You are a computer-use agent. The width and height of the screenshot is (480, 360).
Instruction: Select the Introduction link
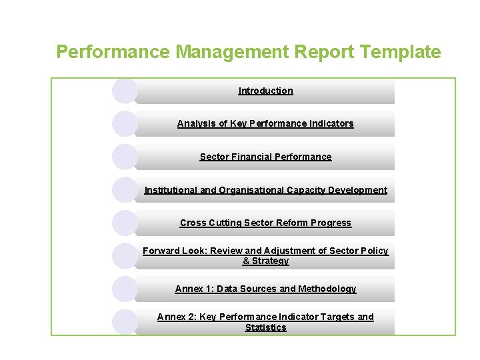pos(265,91)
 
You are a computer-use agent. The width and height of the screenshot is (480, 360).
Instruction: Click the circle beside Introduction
pos(125,91)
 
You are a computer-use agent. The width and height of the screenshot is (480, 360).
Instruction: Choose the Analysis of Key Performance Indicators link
pos(265,123)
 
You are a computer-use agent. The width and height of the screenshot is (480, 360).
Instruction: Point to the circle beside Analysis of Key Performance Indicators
pos(125,123)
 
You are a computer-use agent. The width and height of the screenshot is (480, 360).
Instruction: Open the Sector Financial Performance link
pos(265,157)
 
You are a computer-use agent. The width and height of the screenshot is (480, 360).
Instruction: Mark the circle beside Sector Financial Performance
pos(125,157)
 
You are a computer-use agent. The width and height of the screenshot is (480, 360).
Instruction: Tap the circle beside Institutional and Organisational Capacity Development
pos(125,190)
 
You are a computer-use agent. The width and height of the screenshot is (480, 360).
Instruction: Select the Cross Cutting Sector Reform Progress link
pos(265,223)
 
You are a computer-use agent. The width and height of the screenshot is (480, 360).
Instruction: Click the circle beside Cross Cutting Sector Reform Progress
pos(125,223)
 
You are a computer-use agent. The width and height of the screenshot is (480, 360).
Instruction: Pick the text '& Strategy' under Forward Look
pos(265,261)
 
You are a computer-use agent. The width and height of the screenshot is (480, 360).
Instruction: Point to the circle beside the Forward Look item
pos(125,256)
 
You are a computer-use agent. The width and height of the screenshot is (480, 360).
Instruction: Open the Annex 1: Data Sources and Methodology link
pos(265,289)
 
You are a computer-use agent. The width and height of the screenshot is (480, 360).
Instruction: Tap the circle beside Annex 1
pos(125,289)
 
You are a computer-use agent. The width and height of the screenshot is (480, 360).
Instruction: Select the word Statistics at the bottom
pos(265,327)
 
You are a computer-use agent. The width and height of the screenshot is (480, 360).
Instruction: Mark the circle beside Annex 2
pos(125,322)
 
